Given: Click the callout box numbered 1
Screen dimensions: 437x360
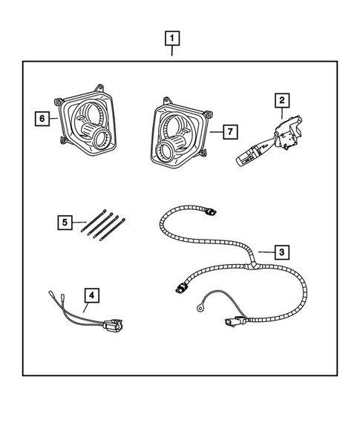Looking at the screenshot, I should tap(172, 37).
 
